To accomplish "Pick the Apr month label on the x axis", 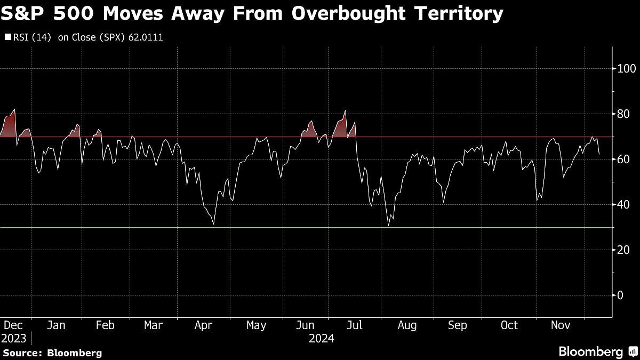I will [204, 325].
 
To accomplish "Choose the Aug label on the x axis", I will [407, 325].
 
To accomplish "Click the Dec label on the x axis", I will [12, 325].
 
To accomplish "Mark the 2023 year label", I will [13, 338].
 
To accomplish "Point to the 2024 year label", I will [322, 338].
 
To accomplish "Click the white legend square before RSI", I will [7, 38].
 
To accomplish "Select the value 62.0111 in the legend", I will [146, 38].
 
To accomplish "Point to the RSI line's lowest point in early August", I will [389, 226].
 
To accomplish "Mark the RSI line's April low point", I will [213, 224].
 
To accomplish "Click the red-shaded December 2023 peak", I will [14, 110].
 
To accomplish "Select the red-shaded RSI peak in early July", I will [345, 111].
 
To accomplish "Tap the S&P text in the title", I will [27, 13].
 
